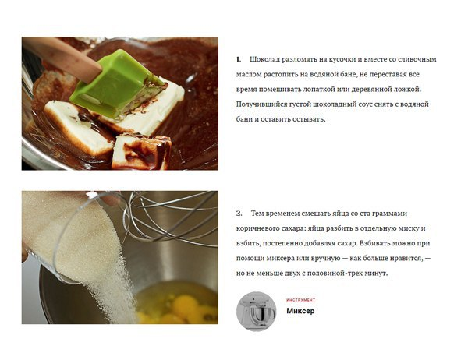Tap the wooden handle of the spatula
(x=60, y=58)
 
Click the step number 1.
(x=238, y=59)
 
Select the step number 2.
(x=239, y=214)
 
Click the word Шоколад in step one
(x=264, y=59)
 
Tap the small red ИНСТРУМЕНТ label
(x=300, y=300)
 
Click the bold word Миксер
(x=300, y=311)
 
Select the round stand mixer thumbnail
(x=257, y=312)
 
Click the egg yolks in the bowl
(x=179, y=309)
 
